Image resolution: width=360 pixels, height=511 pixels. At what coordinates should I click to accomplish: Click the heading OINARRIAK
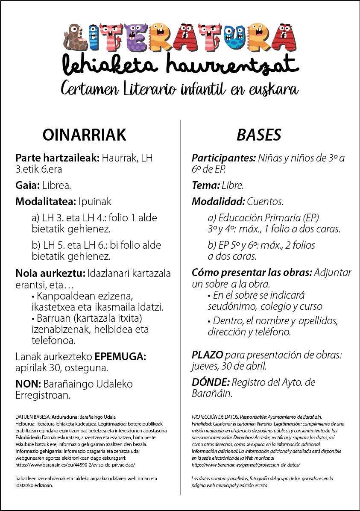(85, 135)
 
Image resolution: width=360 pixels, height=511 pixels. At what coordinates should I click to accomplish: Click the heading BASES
(259, 135)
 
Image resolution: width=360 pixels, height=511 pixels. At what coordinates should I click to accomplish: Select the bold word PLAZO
(207, 355)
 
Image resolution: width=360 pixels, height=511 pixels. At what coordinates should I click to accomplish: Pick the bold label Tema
(205, 186)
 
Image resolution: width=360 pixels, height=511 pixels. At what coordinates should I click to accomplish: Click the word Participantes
(223, 158)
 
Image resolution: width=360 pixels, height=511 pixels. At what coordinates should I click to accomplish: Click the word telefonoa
(53, 341)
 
